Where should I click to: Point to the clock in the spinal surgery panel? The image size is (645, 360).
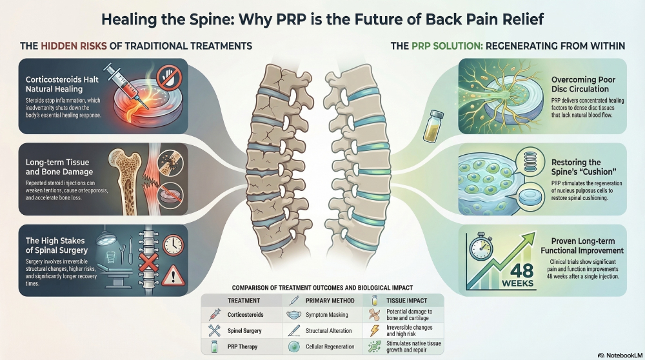pos(172,245)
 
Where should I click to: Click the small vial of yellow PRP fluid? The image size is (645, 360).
pos(432,125)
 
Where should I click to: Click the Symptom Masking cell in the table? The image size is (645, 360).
pos(327,315)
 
